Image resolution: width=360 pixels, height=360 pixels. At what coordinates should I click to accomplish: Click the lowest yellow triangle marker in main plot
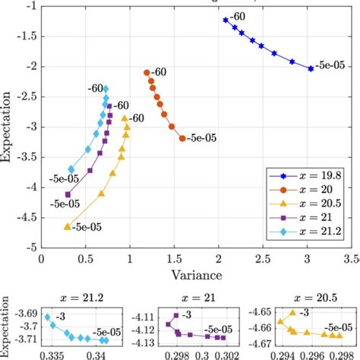point(68,226)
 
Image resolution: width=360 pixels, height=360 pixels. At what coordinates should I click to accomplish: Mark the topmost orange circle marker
point(147,72)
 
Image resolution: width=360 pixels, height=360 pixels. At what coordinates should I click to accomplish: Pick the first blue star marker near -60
point(226,20)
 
